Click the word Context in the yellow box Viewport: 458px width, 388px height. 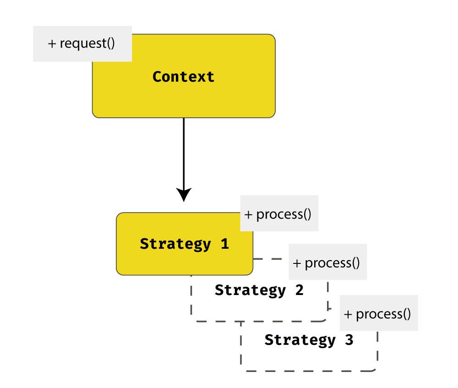pos(183,77)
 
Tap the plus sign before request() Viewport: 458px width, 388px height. pos(52,44)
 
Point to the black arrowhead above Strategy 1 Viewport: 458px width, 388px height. pos(183,194)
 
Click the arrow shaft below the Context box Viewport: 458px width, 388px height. pos(183,151)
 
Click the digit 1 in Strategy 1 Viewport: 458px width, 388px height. pos(224,244)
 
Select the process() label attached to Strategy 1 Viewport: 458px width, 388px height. pos(279,214)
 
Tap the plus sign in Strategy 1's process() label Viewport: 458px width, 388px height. pos(248,214)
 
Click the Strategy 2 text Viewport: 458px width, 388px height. pos(259,290)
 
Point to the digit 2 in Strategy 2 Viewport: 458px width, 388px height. pos(299,290)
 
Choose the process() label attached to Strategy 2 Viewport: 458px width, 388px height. pos(327,263)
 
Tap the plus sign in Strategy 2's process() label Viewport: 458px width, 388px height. pos(297,263)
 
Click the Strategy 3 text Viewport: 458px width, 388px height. pos(309,340)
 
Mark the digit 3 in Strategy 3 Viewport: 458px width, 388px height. pos(349,340)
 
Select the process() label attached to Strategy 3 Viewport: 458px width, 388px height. pos(378,314)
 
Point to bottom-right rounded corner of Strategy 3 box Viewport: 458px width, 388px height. pos(375,369)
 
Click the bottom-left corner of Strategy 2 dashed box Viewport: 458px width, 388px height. pos(193,319)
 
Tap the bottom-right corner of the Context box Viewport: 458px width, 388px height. pos(273,115)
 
